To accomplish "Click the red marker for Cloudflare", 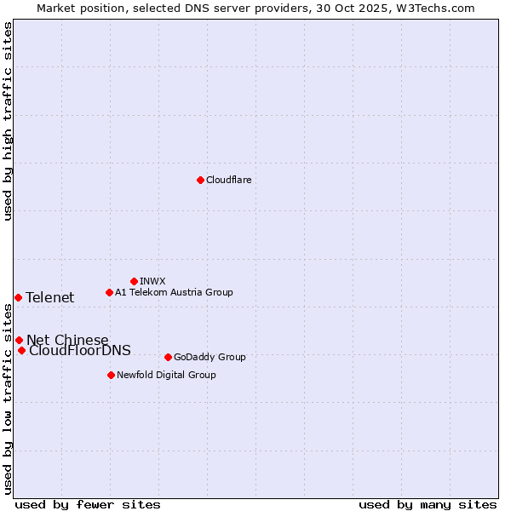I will coord(200,180).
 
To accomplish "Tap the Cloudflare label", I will coord(228,180).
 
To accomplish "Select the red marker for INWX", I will coord(134,281).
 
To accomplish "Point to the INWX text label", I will coord(152,281).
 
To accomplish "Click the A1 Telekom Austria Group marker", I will coord(109,292).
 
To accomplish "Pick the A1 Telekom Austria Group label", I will coord(174,292).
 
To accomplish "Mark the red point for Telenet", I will coord(18,297).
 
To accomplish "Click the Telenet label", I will coord(50,297).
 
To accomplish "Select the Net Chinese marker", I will coord(19,340).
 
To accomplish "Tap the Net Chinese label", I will coord(67,341).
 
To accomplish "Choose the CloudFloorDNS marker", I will coord(21,350).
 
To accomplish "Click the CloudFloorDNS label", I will coord(80,351).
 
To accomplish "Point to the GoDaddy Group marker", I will coord(168,357).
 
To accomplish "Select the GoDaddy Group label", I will coord(210,357).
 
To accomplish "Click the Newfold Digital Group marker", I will coord(111,375).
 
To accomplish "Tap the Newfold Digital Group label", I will coord(166,375).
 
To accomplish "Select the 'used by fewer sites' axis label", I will coord(88,504).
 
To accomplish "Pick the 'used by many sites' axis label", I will coord(428,504).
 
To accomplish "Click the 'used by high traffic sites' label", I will coord(9,121).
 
